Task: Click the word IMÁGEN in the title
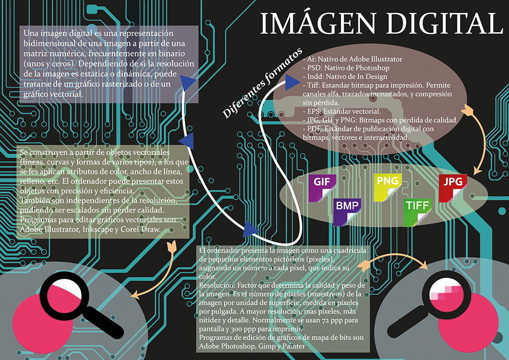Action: (x=319, y=23)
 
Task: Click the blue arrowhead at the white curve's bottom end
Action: (x=250, y=229)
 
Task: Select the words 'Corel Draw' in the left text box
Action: (x=145, y=229)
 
